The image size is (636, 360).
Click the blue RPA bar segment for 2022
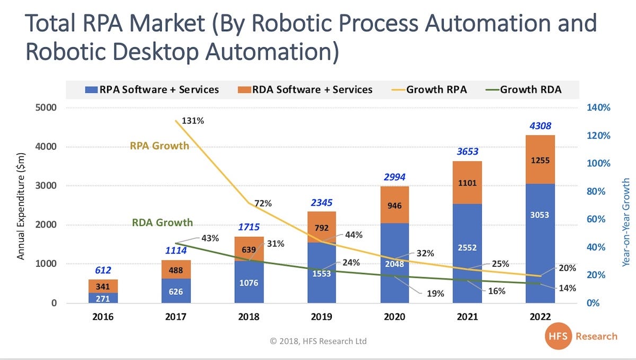(x=540, y=244)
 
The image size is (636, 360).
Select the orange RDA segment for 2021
(x=467, y=182)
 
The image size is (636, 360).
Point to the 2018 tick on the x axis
(x=248, y=317)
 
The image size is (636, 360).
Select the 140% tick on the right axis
(x=599, y=108)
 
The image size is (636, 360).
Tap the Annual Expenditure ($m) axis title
(x=21, y=204)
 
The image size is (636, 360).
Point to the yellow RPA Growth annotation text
(x=159, y=145)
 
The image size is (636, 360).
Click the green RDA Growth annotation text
(x=162, y=223)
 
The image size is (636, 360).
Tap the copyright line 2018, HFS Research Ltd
(x=318, y=341)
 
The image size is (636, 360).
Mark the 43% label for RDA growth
(x=210, y=239)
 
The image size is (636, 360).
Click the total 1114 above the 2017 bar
(x=176, y=250)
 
